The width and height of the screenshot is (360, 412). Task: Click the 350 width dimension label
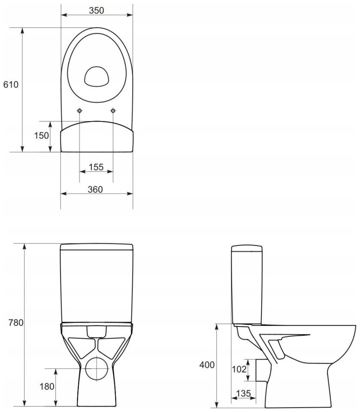pyautogui.click(x=97, y=10)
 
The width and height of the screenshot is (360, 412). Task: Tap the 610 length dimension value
pyautogui.click(x=11, y=85)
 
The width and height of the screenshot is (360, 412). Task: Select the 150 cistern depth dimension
pyautogui.click(x=41, y=135)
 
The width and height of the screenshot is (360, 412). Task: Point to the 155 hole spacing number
pyautogui.click(x=96, y=167)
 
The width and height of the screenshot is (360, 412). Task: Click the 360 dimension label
pyautogui.click(x=95, y=189)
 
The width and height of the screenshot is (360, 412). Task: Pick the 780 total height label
pyautogui.click(x=16, y=322)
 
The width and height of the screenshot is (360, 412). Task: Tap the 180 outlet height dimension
pyautogui.click(x=47, y=386)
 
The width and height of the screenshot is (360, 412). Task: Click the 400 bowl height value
pyautogui.click(x=207, y=365)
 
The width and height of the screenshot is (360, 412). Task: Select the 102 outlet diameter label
pyautogui.click(x=239, y=369)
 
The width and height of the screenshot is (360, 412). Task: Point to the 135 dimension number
pyautogui.click(x=243, y=393)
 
